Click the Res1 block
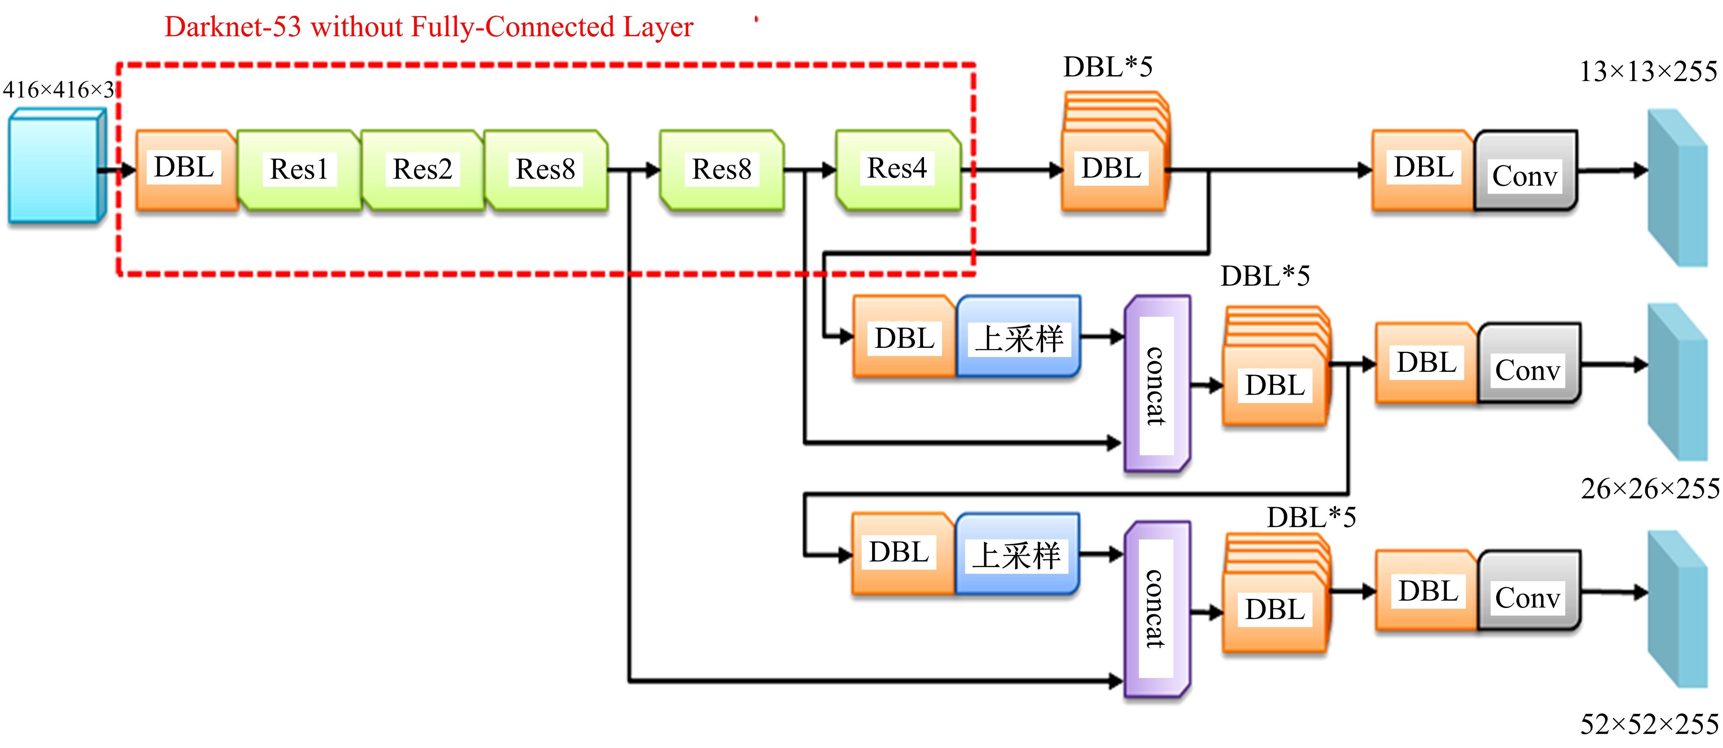299,170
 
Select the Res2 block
422,170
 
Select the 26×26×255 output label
1649,489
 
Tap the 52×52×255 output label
1649,724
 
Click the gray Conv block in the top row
1526,171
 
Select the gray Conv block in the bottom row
1528,591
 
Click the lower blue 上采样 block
1017,554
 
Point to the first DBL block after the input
185,170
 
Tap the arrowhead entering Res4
829,170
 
